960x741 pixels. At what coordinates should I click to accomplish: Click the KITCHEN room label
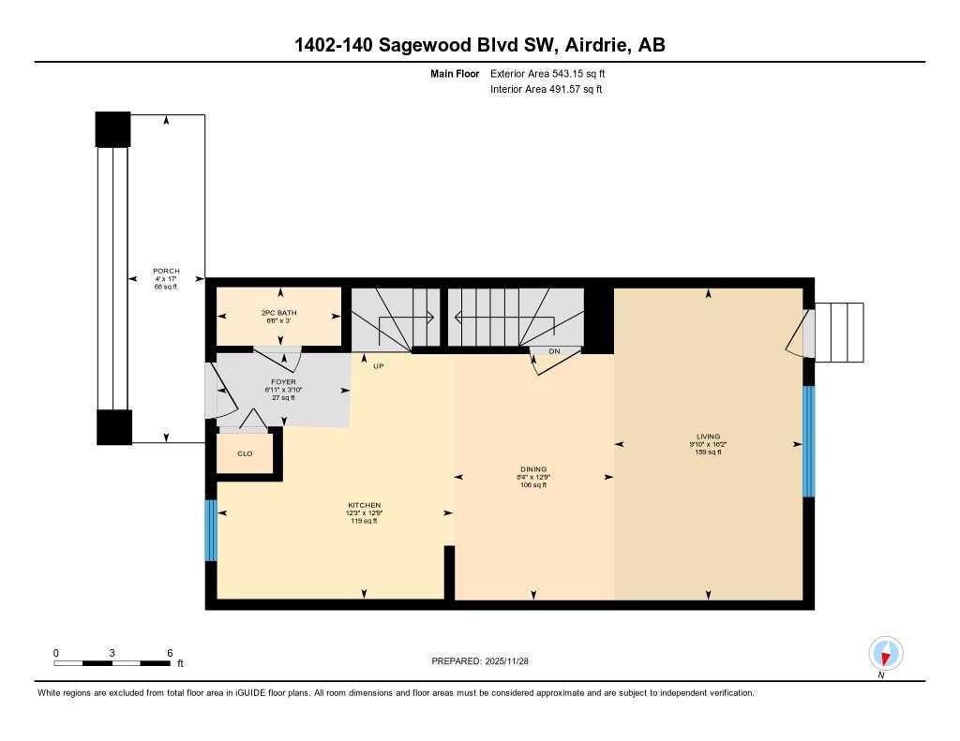[364, 506]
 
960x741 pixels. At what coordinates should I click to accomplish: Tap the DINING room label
[533, 469]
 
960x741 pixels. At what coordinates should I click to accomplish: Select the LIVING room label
[708, 437]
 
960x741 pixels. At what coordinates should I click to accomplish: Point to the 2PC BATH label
[278, 312]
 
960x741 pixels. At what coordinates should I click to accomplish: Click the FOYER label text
[283, 382]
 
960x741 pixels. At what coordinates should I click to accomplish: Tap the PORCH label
[166, 271]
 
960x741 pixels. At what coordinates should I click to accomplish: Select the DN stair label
[554, 351]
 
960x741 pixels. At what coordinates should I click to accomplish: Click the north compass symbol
[885, 654]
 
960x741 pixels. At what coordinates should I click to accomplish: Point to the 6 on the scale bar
[170, 652]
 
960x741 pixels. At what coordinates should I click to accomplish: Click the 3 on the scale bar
[112, 652]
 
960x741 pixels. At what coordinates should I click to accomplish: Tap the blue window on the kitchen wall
[211, 530]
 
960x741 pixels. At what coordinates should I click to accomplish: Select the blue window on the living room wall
[809, 441]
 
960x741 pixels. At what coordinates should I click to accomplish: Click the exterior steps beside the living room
[840, 332]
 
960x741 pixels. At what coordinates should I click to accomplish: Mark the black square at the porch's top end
[113, 129]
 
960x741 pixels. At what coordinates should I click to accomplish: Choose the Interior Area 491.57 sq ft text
[546, 90]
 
